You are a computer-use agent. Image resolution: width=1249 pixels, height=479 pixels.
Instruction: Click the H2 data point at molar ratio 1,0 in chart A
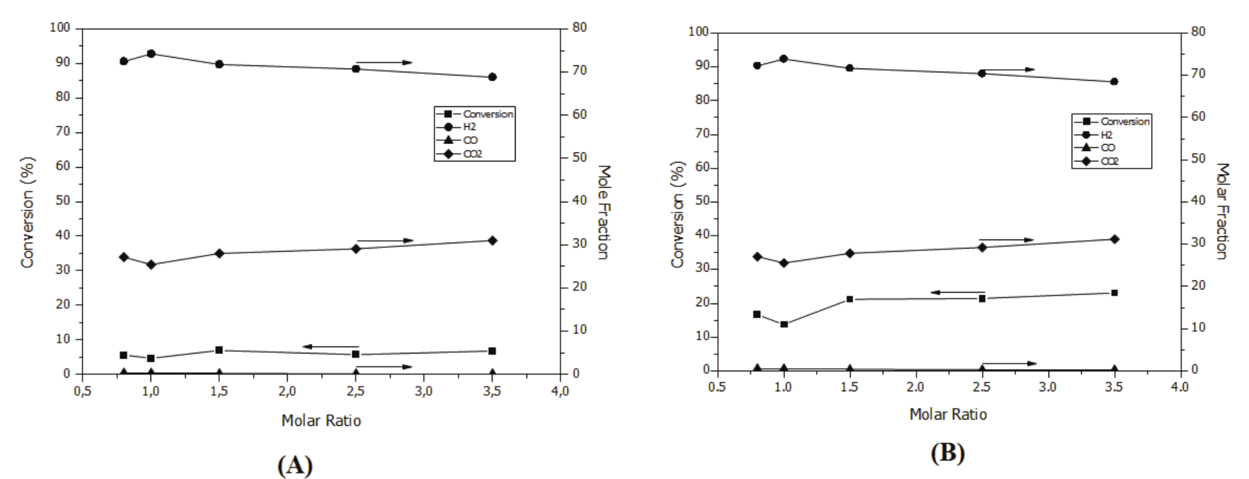pos(151,54)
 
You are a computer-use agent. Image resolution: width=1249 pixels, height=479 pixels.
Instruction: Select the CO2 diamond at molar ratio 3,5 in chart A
pos(492,240)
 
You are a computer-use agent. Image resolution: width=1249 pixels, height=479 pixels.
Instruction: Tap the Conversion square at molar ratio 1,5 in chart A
pos(219,350)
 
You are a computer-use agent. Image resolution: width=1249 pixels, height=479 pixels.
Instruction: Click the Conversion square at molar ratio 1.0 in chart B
pos(784,324)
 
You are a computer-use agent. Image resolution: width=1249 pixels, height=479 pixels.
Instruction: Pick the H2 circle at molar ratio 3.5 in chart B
pos(1114,81)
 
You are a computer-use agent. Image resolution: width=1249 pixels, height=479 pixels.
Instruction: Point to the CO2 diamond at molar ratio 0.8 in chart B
pos(757,257)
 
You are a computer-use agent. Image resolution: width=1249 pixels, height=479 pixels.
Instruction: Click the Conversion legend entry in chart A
pos(487,114)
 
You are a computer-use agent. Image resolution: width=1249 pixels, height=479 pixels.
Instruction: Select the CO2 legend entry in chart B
pos(1109,161)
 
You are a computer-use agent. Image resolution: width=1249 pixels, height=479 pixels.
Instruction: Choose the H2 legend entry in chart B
pos(1106,134)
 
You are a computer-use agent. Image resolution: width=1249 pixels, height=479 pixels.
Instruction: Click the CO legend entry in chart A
pos(470,140)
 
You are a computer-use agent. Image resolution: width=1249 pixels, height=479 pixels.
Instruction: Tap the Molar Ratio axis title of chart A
pos(321,421)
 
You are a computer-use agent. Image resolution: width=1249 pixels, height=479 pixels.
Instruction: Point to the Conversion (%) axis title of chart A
pos(28,213)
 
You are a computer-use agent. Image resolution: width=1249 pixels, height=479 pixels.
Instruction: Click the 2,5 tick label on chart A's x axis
pos(355,391)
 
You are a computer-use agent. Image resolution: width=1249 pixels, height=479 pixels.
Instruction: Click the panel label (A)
pos(295,464)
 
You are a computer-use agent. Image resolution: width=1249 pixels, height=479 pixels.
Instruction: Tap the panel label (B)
pos(947,453)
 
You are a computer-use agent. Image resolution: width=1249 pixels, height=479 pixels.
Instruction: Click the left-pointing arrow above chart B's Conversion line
pos(957,292)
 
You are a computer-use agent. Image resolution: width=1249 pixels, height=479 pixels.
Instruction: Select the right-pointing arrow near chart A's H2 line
pos(384,63)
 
